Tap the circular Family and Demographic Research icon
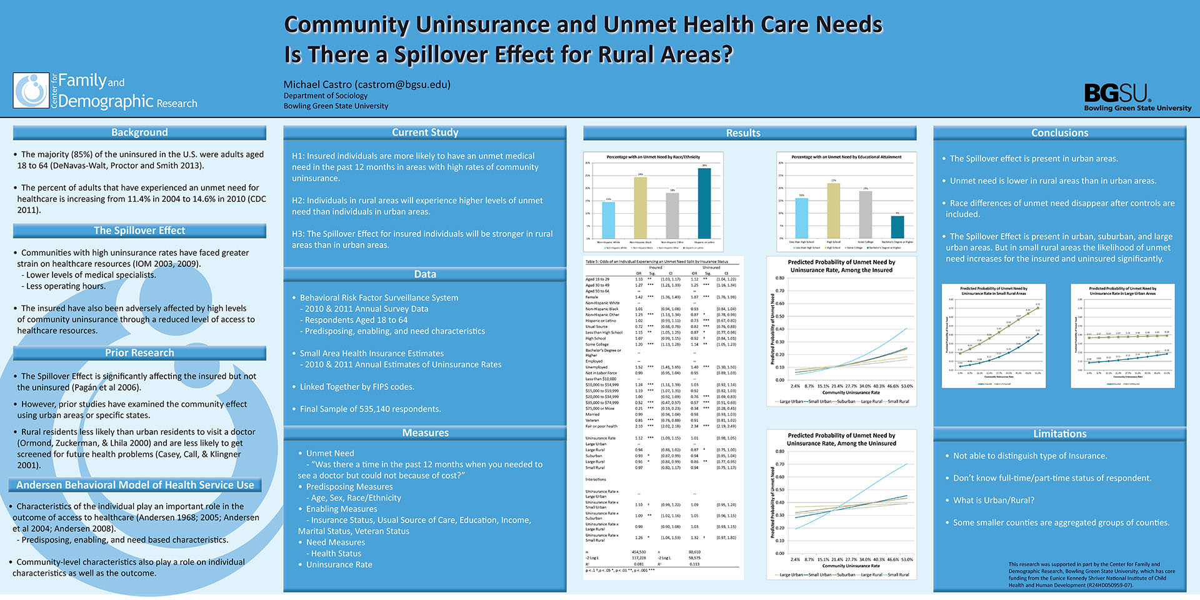tap(31, 91)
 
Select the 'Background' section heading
tap(139, 132)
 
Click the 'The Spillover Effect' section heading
tap(139, 231)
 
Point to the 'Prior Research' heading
tap(139, 353)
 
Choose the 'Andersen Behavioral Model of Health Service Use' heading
tap(135, 485)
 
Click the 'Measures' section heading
tap(425, 432)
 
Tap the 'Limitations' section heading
tap(1059, 434)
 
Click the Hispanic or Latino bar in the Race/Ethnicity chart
tap(704, 203)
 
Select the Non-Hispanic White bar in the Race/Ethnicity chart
tap(608, 219)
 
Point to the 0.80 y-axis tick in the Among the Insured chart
tap(779, 278)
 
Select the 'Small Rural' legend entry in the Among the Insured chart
tap(897, 401)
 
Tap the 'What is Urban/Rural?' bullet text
tap(993, 501)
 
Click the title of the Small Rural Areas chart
tap(993, 291)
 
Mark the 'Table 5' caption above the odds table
tap(656, 261)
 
